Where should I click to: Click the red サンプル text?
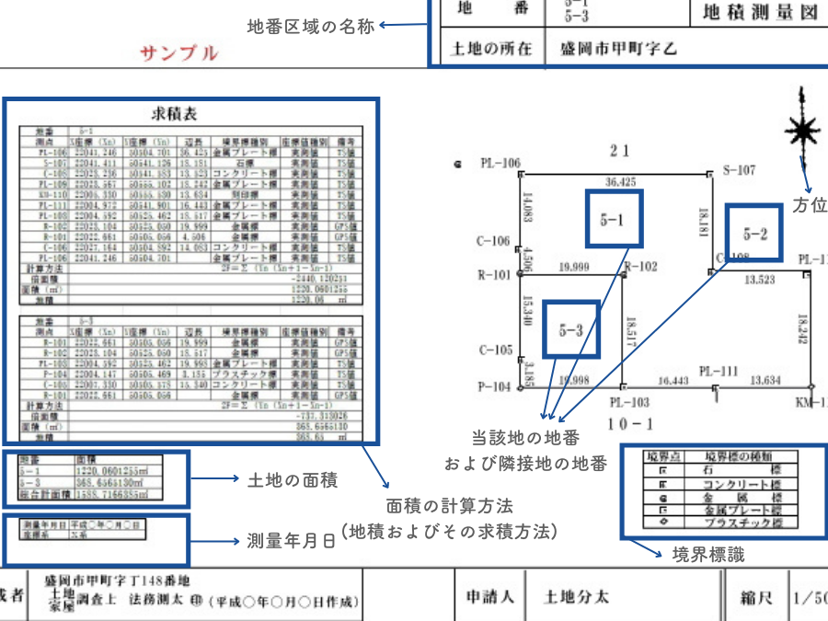[x=179, y=52]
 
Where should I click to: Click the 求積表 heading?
[x=180, y=114]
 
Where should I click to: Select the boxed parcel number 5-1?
[x=613, y=220]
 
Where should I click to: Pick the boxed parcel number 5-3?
[x=570, y=330]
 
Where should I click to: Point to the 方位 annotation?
[x=809, y=203]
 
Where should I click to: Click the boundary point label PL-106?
[x=499, y=164]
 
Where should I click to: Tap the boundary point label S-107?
[x=739, y=170]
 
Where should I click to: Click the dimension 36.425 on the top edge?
[x=621, y=182]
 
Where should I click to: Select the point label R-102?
[x=641, y=267]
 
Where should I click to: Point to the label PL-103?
[x=629, y=402]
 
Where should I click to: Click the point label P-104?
[x=494, y=387]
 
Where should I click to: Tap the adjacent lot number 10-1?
[x=629, y=423]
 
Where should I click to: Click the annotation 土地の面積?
[x=293, y=478]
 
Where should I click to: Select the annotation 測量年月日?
[x=292, y=540]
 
